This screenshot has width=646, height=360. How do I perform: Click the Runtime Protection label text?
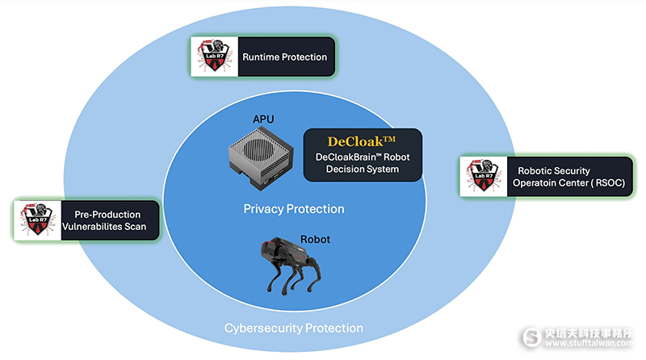click(285, 57)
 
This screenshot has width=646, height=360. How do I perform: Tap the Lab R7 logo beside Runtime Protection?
click(212, 57)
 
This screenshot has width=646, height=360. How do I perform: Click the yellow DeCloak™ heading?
click(362, 140)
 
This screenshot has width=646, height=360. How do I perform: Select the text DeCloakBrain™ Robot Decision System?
click(362, 164)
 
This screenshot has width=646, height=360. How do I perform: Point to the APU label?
click(263, 119)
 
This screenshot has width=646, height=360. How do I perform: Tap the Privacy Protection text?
click(294, 209)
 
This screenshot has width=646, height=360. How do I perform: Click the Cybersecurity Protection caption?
click(293, 329)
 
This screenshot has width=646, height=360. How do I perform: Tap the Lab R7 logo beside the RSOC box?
click(482, 177)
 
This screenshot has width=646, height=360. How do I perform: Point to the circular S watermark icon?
click(531, 337)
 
